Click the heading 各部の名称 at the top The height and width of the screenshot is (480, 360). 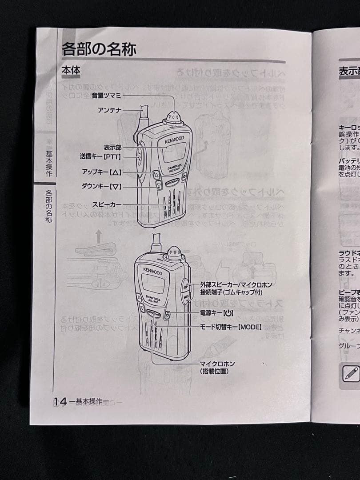point(99,48)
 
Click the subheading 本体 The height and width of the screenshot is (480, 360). point(70,71)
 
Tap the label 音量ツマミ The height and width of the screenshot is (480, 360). point(106,95)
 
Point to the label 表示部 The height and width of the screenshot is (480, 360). point(112,147)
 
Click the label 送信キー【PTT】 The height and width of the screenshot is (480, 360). point(100,156)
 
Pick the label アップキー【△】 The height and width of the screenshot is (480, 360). point(101,172)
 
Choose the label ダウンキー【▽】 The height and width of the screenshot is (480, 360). point(101,187)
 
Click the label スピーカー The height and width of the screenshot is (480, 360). point(107,204)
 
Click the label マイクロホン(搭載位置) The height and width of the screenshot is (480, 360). point(217,368)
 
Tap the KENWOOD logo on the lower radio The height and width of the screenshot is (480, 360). point(152,271)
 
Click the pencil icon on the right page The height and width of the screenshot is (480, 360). point(351,372)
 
